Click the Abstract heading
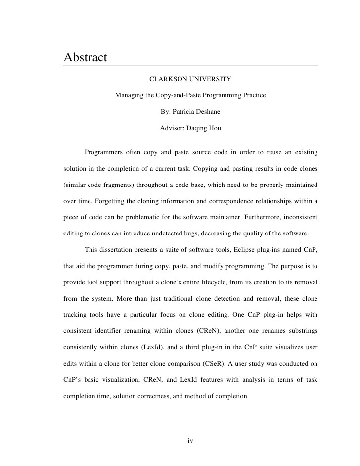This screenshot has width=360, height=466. [86, 57]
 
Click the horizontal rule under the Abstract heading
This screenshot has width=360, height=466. [190, 65]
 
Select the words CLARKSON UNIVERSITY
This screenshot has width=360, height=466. [190, 79]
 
